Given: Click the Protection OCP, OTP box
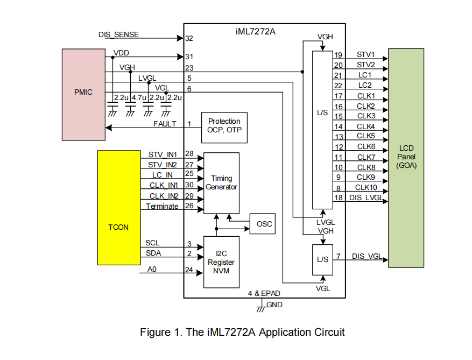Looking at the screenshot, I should pos(224,127).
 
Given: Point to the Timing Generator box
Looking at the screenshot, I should pos(221,182).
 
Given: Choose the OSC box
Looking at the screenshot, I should pos(262,223).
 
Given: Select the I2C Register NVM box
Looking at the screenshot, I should pos(221,262).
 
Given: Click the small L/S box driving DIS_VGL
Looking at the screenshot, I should pos(322,259).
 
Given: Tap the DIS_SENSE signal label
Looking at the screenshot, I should pos(118,34).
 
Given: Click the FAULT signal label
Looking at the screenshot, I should pos(165,124).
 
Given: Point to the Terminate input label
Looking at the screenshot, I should pos(162,206).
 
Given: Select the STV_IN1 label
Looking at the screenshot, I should pos(163,155).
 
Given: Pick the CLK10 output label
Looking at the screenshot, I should pos(366,187).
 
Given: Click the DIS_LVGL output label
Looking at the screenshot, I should pos(366,197).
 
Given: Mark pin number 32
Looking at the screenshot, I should pos(189,39).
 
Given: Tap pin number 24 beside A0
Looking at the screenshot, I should pos(189,270).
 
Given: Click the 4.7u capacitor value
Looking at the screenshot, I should pos(139,98).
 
